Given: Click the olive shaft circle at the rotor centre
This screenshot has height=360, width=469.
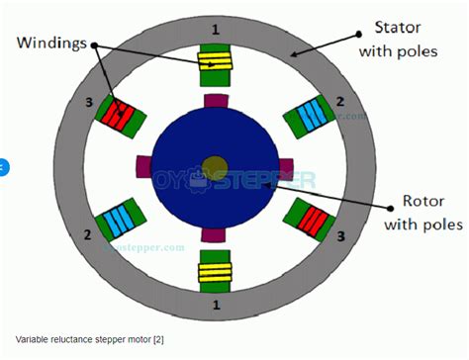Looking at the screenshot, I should tap(214, 165).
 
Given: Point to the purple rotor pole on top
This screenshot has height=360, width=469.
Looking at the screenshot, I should tap(215, 100).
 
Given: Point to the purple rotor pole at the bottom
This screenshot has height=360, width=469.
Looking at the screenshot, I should tap(215, 233).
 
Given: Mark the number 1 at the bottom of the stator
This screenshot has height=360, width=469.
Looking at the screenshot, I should tap(216, 306).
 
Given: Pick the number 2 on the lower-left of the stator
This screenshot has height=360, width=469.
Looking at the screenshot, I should tap(88, 235).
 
